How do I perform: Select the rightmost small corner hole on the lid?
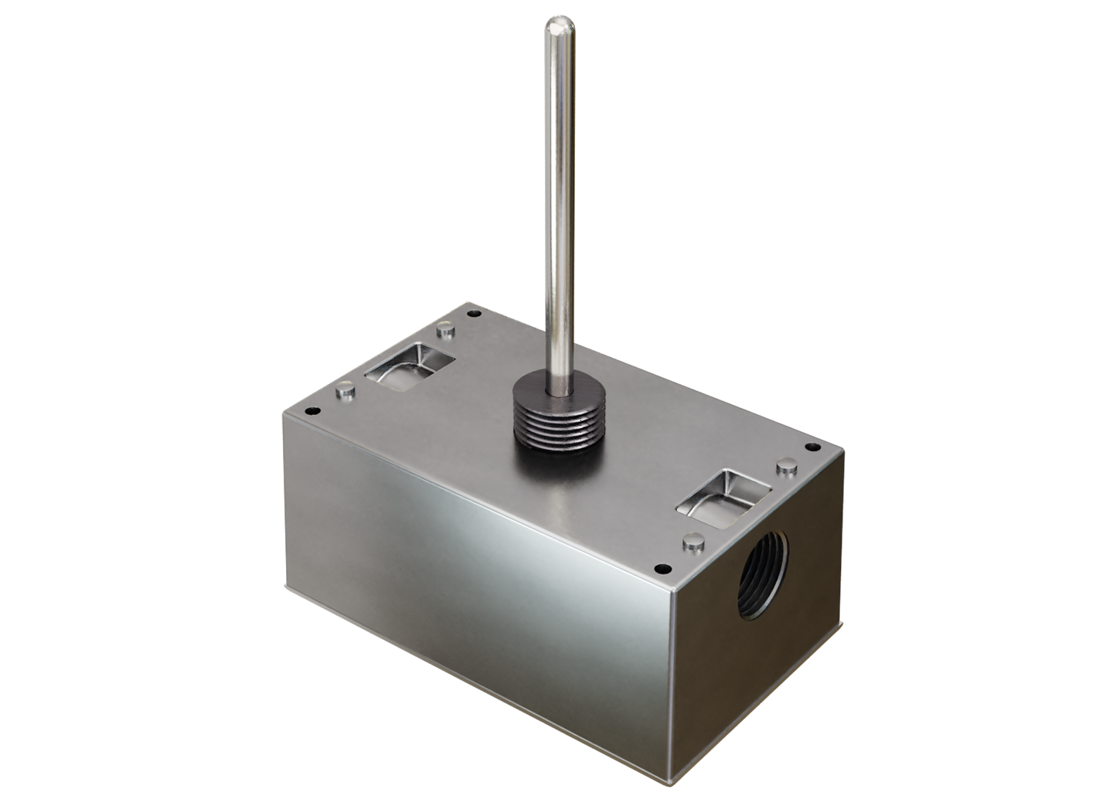pyautogui.click(x=812, y=447)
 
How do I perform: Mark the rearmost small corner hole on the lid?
pyautogui.click(x=474, y=314)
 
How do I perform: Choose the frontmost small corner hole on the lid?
pyautogui.click(x=660, y=570)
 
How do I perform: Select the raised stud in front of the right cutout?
pyautogui.click(x=693, y=543)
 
